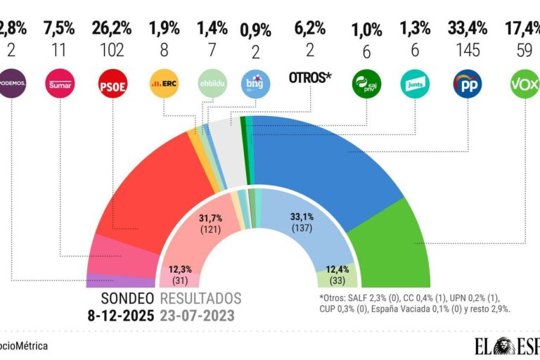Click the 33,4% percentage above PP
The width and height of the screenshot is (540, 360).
(x=468, y=30)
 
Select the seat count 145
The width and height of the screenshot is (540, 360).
(x=468, y=51)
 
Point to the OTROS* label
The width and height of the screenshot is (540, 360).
(x=310, y=77)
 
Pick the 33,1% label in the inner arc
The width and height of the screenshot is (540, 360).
(x=303, y=217)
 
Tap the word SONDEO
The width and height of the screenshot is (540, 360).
(x=129, y=297)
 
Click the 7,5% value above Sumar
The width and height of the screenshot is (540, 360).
(x=58, y=30)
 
